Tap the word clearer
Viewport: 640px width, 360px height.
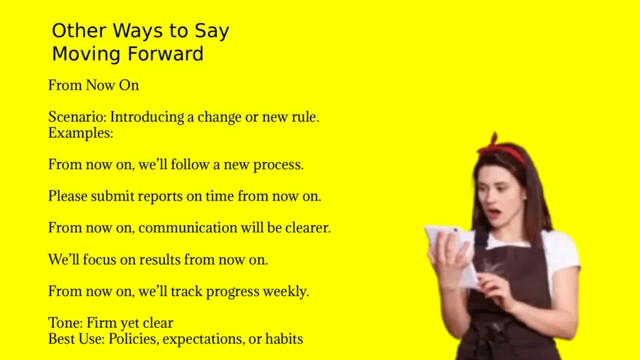point(307,228)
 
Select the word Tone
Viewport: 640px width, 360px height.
point(64,323)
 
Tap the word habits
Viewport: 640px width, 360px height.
point(284,339)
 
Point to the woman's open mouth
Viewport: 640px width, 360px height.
point(494,212)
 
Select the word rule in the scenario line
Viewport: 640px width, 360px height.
point(305,117)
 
